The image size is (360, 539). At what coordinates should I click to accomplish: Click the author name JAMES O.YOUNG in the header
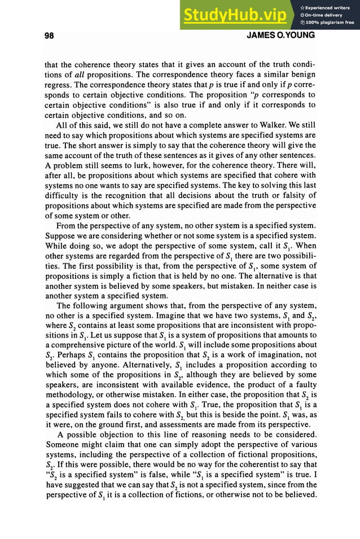281,36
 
